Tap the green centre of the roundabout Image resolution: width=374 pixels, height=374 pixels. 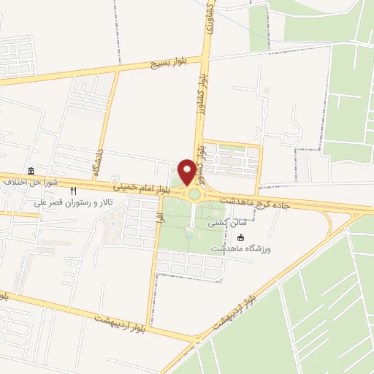(x=194, y=194)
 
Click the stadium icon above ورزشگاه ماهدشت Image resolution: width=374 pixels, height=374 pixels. (x=242, y=237)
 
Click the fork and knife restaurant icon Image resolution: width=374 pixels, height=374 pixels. (x=73, y=191)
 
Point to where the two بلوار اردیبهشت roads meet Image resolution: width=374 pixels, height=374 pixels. (x=198, y=338)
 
